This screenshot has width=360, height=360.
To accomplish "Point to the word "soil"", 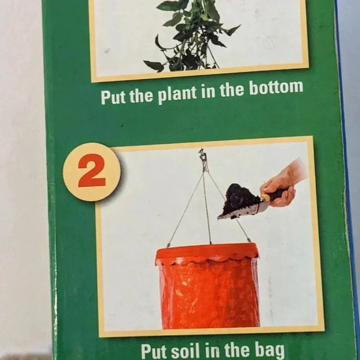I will [184, 349].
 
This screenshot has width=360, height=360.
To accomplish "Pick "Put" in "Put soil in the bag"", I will [153, 350].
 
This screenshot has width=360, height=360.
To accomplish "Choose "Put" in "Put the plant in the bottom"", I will [113, 98].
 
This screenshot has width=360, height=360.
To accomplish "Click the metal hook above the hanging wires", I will [203, 159].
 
